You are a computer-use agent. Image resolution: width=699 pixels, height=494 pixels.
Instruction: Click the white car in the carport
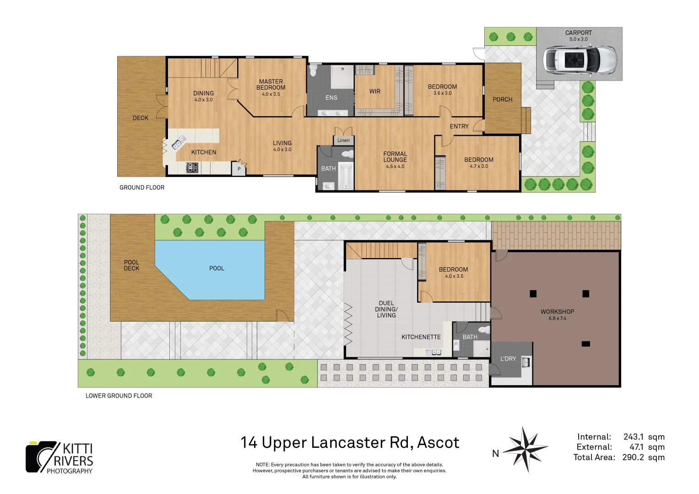click(580, 60)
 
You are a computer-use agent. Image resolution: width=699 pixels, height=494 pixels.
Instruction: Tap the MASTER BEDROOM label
click(271, 85)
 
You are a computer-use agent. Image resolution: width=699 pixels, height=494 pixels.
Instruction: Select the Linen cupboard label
click(343, 140)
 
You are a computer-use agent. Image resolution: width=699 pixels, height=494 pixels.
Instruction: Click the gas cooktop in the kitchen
click(192, 168)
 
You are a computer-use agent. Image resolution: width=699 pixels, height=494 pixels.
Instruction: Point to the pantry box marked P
click(238, 169)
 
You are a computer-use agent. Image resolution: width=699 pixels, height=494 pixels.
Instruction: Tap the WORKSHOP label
click(558, 311)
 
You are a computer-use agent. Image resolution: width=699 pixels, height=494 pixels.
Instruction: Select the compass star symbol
click(526, 449)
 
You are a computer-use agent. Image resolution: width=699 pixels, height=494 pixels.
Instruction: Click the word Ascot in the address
click(438, 442)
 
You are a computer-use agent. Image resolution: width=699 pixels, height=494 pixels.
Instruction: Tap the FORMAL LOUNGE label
click(395, 156)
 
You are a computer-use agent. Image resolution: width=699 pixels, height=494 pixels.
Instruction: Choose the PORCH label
click(503, 100)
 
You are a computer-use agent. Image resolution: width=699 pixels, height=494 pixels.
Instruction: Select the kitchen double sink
click(178, 143)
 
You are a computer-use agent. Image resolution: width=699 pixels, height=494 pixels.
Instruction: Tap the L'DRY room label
click(508, 359)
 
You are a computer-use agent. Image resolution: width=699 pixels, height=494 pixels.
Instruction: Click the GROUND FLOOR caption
click(142, 188)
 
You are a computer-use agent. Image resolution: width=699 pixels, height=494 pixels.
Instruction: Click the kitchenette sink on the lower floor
click(434, 352)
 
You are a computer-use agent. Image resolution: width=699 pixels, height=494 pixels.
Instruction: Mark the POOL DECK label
click(131, 265)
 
